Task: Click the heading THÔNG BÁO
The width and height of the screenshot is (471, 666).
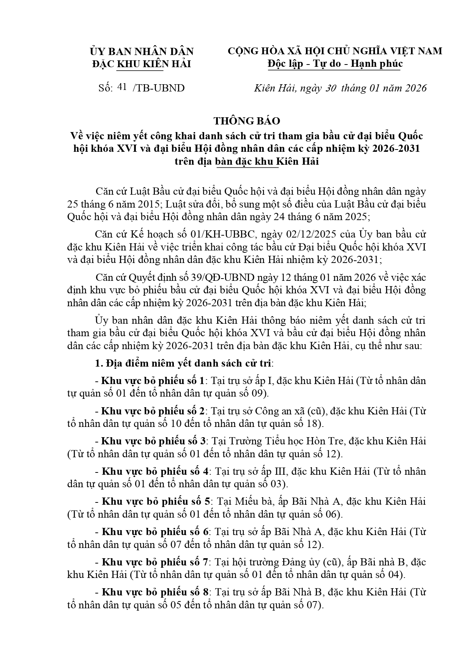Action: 247,121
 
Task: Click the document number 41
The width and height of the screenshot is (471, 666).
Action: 122,87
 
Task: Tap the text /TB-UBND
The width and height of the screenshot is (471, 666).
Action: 159,88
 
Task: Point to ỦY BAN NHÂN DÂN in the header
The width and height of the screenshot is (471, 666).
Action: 142,51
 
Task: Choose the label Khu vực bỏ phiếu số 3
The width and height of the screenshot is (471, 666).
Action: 153,441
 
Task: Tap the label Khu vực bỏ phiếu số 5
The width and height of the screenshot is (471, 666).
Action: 156,501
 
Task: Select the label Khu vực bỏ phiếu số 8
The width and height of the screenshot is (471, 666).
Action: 156,592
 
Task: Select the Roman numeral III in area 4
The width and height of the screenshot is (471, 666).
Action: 271,471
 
